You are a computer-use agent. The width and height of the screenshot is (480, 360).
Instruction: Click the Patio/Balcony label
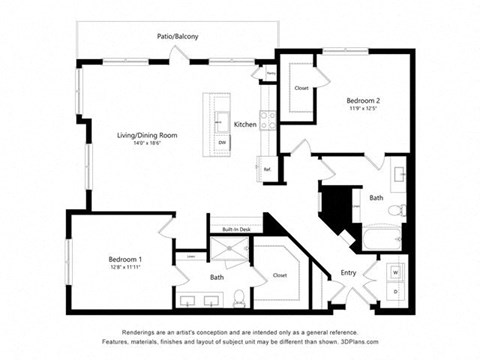point(178,37)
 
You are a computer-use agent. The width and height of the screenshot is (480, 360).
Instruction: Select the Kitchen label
point(245,124)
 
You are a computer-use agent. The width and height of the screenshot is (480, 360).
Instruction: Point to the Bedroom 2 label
point(363,100)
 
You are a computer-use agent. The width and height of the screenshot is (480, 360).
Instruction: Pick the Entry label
point(348,272)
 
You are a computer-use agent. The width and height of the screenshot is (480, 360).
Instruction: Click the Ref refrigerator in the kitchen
point(267,169)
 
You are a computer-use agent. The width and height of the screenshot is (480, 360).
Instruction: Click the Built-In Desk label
point(236,229)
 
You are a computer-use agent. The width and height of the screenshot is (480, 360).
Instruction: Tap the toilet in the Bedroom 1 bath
point(238,296)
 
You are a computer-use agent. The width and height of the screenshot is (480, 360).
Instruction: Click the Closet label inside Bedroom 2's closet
point(302,88)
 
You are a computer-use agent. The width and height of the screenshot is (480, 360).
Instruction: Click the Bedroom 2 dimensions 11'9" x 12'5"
point(363,109)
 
